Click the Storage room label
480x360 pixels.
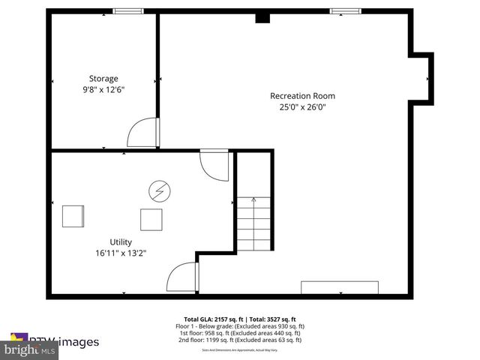click(103, 78)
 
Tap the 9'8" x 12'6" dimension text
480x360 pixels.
click(103, 89)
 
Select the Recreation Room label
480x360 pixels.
click(302, 95)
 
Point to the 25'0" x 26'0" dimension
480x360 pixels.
click(302, 106)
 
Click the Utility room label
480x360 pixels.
click(121, 241)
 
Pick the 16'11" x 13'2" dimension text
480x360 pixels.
click(121, 253)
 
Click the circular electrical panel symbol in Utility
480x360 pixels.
click(158, 190)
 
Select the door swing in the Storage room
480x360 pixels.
click(142, 133)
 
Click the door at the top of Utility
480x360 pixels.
click(214, 164)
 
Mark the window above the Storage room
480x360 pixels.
click(127, 10)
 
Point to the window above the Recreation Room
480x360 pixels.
click(345, 10)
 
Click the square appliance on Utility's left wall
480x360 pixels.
click(73, 215)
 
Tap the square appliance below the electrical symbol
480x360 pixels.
click(151, 220)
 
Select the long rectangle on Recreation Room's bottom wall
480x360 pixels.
click(340, 287)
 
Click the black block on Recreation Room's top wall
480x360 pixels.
click(262, 16)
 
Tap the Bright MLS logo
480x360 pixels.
click(30, 349)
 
